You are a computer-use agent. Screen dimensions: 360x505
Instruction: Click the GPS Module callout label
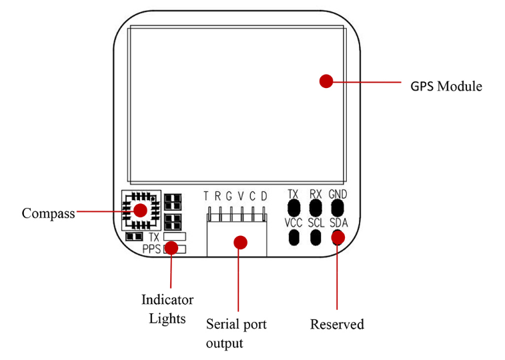point(446,87)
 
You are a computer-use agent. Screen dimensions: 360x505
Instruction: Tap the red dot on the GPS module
point(326,81)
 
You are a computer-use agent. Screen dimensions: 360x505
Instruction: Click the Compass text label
point(48,213)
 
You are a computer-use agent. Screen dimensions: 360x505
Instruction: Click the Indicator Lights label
point(167,309)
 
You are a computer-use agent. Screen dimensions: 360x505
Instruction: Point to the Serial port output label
point(236,333)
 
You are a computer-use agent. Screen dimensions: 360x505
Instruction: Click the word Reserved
point(337,325)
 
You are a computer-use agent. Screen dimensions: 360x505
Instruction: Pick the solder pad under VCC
point(293,237)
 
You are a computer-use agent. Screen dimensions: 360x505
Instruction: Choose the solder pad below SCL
point(316,237)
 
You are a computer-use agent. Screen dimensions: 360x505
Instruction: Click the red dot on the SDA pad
point(338,236)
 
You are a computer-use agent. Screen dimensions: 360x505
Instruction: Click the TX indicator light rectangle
point(174,236)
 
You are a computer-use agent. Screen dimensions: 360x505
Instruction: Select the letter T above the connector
point(207,196)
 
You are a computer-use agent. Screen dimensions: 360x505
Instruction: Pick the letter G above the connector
point(229,196)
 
